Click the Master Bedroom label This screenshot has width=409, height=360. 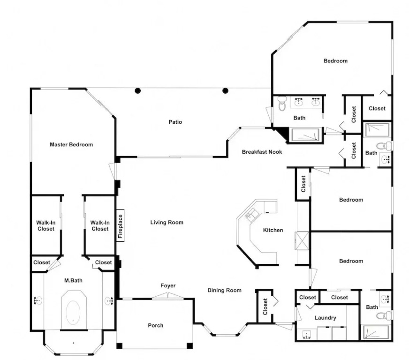coord(71,144)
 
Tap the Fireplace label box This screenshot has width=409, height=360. coord(120,226)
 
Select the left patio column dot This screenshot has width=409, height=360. coord(138,91)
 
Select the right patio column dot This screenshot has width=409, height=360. coord(225,91)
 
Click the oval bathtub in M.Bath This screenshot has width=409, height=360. coord(73,313)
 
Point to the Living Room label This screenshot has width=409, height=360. coord(167,222)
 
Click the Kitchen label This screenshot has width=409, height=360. coord(273,230)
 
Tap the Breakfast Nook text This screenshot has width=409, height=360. coord(262,152)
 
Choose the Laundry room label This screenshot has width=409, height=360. coord(325,317)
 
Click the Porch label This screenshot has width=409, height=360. coord(155,325)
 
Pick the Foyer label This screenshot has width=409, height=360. coord(168,285)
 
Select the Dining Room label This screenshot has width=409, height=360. coord(224,290)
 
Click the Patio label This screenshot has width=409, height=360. coord(175,122)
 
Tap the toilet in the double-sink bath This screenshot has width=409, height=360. coord(282,104)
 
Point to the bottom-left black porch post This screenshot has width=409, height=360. coord(119,346)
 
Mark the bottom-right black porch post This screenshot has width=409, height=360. coord(189,346)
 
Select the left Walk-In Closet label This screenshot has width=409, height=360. coord(46,226)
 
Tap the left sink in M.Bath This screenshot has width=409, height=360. coord(38,300)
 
